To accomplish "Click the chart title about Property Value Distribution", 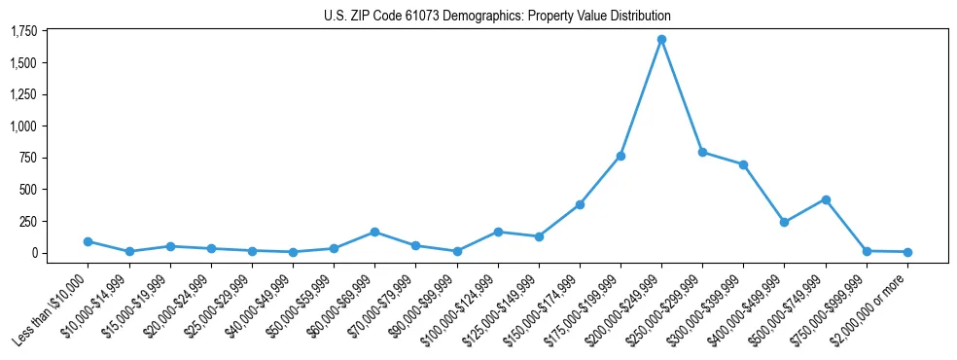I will [497, 16].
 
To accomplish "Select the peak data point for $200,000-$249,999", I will [661, 40].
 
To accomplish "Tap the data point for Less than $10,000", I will [88, 241].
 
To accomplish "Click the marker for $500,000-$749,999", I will [826, 199].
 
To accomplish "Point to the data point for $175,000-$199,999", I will [620, 156].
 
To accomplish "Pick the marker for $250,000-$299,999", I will [702, 153].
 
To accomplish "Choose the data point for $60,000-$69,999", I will [374, 233].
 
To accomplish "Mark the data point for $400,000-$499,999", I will [785, 222].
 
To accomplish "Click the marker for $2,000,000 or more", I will [907, 252].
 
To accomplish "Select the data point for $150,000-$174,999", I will [580, 204].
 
